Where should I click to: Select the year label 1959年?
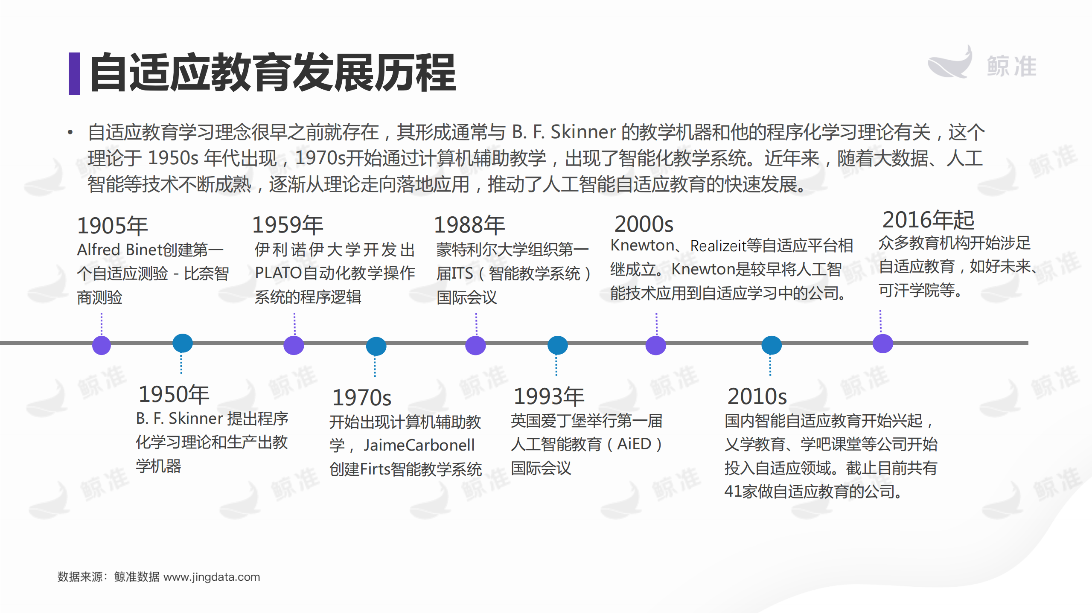click(x=288, y=225)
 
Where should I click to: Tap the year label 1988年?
click(x=469, y=225)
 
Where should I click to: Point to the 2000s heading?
click(x=644, y=224)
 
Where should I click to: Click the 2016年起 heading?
click(x=928, y=220)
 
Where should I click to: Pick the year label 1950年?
click(x=174, y=394)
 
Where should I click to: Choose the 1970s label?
click(x=361, y=398)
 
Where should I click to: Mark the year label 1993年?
click(x=548, y=396)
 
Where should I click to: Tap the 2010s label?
click(x=757, y=396)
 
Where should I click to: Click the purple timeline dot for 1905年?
click(x=102, y=345)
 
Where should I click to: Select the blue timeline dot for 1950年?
click(x=182, y=343)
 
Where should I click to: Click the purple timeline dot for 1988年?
click(x=475, y=345)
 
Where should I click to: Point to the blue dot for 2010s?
click(x=771, y=345)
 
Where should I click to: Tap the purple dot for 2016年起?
click(x=882, y=343)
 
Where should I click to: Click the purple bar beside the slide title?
click(x=74, y=73)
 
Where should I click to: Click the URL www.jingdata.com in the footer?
click(x=212, y=577)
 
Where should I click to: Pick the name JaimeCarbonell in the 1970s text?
click(x=419, y=445)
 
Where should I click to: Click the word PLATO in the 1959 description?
click(x=278, y=273)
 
